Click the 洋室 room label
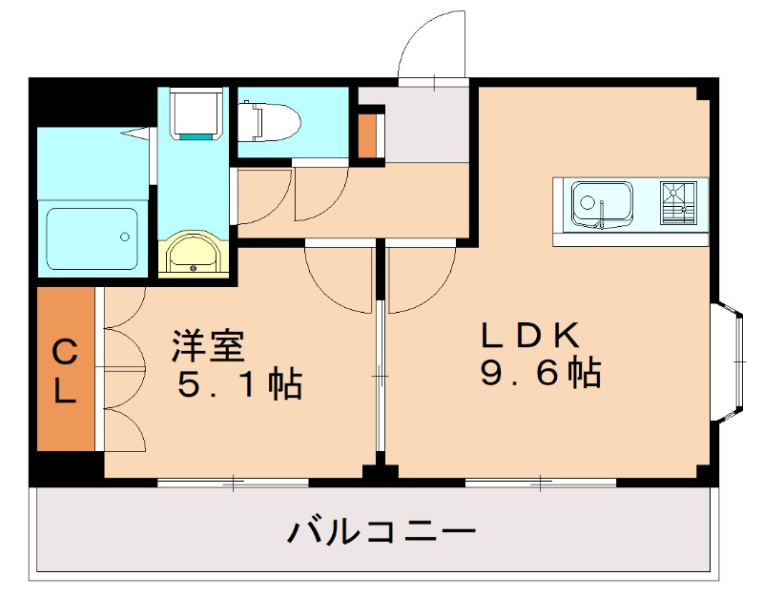tap(209, 345)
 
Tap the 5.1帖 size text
tap(238, 384)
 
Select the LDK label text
tap(529, 335)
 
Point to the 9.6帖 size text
tap(540, 372)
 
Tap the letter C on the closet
tap(65, 353)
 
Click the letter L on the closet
tap(65, 392)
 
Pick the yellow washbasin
tap(195, 256)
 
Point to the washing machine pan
tap(196, 114)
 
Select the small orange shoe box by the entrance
tap(369, 134)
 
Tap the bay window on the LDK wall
tap(729, 360)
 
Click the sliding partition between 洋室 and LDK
tap(380, 378)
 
